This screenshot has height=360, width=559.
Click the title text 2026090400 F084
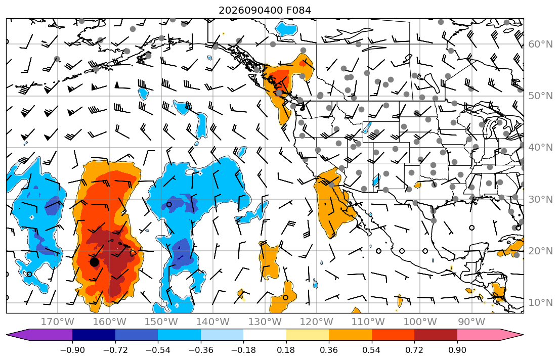tap(265, 10)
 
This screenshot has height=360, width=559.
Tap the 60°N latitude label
tap(540, 44)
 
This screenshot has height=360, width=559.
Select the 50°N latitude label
tap(540, 96)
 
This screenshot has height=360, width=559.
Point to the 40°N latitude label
tap(540, 148)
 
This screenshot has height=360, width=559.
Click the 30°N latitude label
tap(540, 199)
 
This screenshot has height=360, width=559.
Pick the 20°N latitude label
tap(540, 251)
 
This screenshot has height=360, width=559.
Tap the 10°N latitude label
tap(540, 303)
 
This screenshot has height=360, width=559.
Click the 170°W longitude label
tap(58, 322)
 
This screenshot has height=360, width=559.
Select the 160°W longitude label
tap(109, 322)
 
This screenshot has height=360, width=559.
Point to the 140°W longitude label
tap(213, 322)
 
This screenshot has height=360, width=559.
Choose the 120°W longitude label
tap(317, 322)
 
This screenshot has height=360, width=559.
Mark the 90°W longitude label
tap(471, 322)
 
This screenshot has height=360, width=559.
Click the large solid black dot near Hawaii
tap(94, 262)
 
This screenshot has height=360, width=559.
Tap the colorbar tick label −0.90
tap(72, 350)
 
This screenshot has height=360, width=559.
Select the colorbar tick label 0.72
tap(414, 350)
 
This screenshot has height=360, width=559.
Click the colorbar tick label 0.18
tap(286, 350)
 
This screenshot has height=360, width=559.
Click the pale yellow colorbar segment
tap(307, 335)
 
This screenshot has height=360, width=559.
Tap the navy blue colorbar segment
tap(94, 335)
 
